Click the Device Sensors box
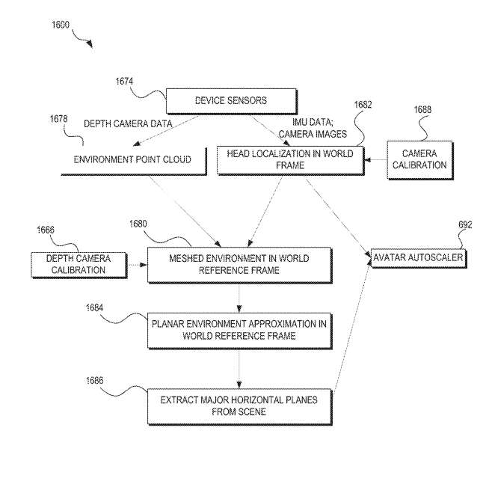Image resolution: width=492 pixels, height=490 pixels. click(231, 101)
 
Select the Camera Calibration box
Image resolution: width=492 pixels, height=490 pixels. click(420, 160)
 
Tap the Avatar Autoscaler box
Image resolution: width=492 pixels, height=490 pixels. click(419, 258)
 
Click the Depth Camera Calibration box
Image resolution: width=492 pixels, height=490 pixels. click(79, 265)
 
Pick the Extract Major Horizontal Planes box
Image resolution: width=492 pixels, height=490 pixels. click(240, 407)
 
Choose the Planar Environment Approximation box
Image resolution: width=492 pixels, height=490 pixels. click(240, 331)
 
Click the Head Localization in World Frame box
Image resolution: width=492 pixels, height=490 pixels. click(291, 160)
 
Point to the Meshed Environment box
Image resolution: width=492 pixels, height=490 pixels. click(240, 265)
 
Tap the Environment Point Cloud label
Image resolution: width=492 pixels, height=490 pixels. click(132, 159)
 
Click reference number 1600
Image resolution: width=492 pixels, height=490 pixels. click(61, 25)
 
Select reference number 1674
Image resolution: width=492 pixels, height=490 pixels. click(124, 82)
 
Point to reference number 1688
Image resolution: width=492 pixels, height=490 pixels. click(422, 109)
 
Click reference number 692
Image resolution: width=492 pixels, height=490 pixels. click(465, 224)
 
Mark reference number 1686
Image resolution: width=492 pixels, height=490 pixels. click(94, 381)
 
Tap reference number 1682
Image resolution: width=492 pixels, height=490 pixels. click(363, 105)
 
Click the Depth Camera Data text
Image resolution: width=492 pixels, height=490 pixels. click(128, 123)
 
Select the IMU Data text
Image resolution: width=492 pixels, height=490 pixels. click(313, 122)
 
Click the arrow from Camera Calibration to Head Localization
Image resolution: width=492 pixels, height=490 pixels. click(375, 160)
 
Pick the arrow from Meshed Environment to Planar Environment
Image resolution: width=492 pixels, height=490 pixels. click(239, 298)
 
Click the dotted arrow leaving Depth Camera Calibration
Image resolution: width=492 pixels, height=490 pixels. click(137, 265)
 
